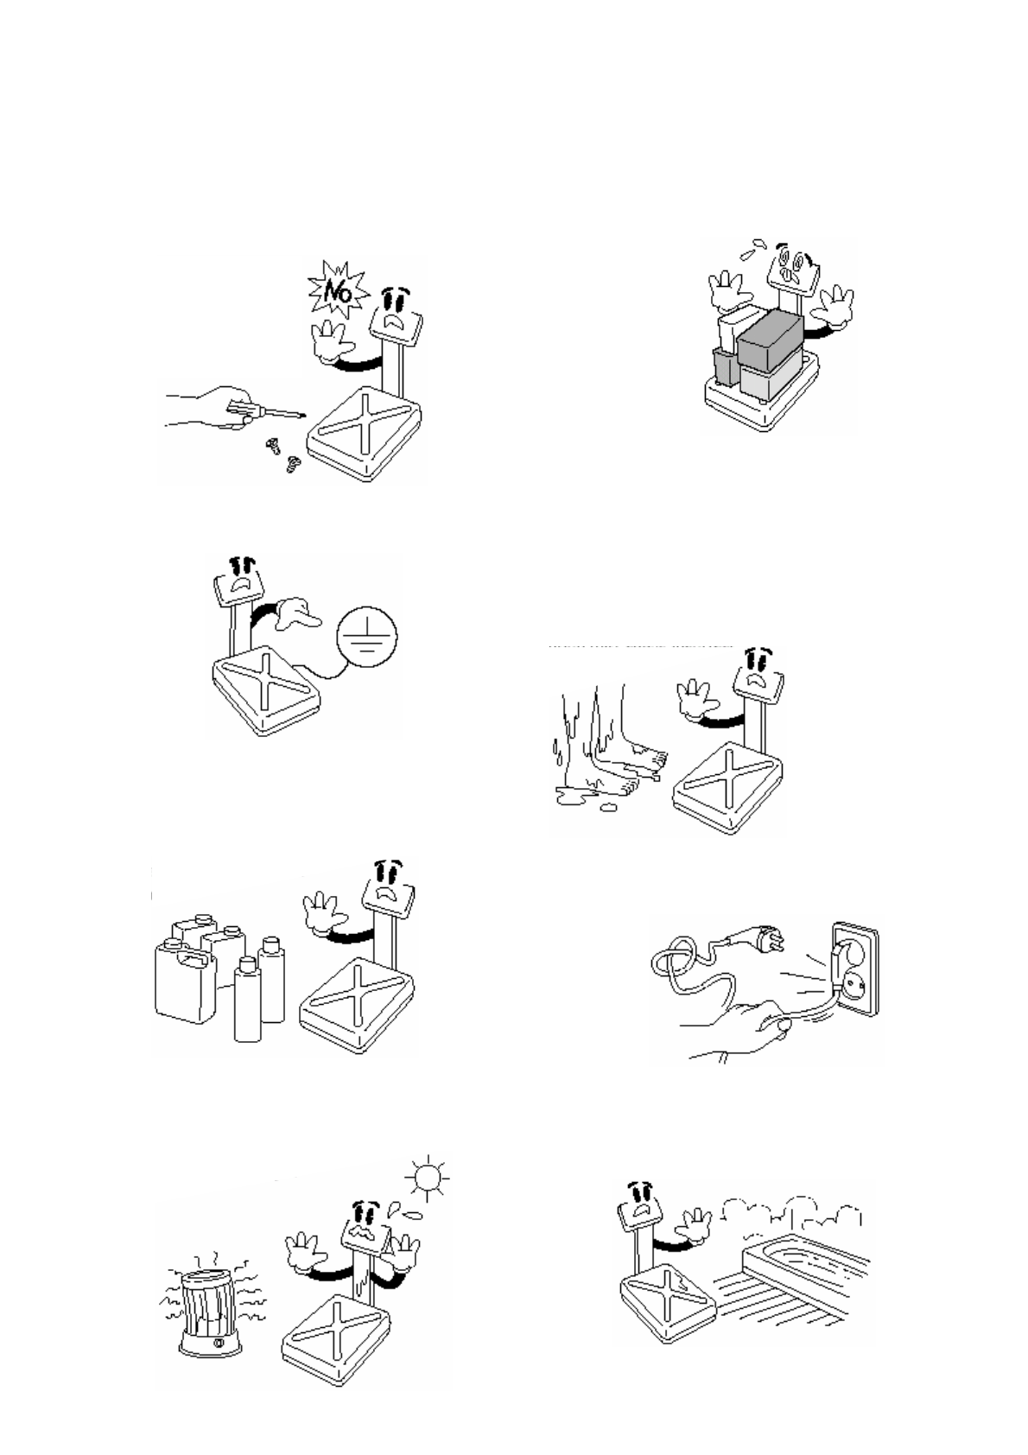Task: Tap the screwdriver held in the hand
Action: coord(260,409)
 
